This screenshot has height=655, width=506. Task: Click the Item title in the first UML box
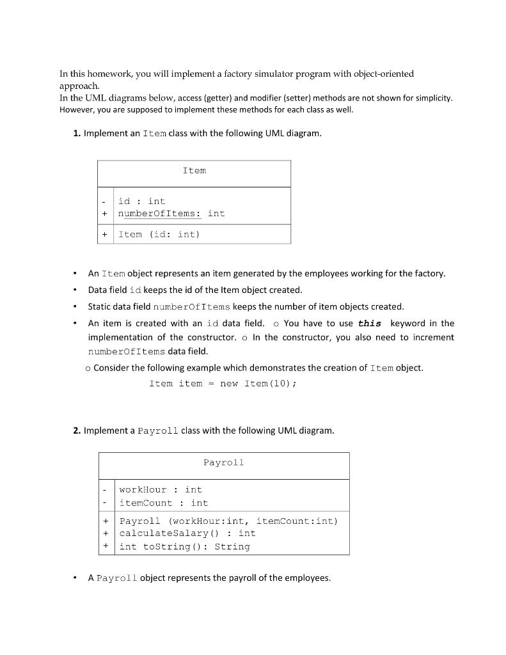194,171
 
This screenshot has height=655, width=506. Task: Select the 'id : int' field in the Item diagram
141,201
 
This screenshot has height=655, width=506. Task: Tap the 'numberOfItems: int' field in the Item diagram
171,214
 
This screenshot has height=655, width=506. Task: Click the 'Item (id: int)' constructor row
159,235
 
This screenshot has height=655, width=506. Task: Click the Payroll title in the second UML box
223,462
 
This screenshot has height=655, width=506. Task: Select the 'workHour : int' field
161,490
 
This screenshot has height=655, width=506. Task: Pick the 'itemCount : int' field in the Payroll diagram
164,503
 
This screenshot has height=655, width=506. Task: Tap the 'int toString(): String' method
184,547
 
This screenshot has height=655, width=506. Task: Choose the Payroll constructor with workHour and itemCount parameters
228,521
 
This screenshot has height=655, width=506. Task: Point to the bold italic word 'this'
370,324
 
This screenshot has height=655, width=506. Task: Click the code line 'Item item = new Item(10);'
223,384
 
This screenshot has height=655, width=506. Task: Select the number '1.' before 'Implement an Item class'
77,134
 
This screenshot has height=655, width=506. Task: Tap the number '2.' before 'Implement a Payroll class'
77,431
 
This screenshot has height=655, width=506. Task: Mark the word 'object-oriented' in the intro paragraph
381,74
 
